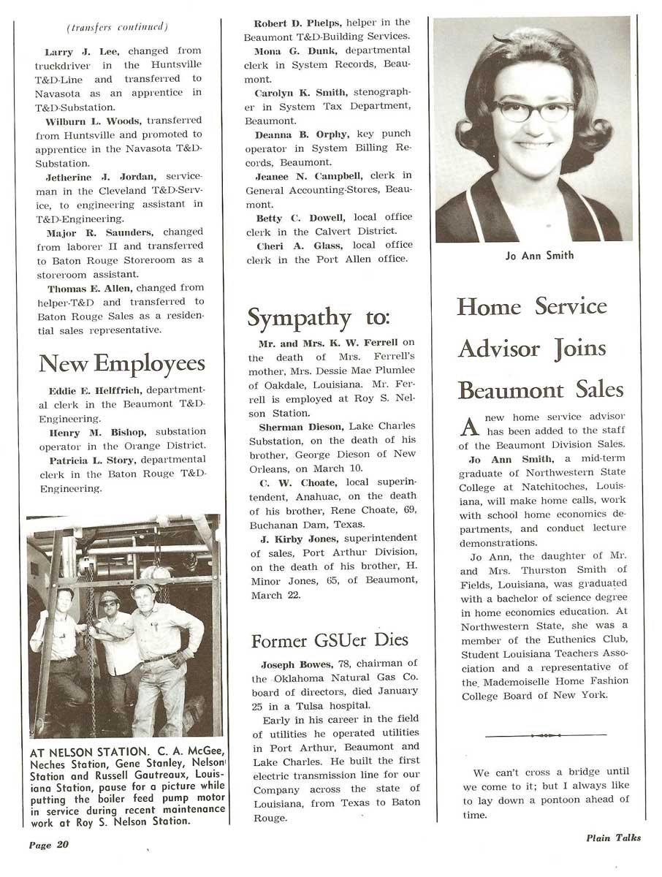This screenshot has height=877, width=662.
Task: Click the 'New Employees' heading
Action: tap(122, 363)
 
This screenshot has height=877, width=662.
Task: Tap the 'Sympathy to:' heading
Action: tap(319, 318)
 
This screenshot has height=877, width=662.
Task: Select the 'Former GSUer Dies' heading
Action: tap(330, 641)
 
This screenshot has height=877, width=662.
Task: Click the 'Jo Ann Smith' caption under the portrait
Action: tap(539, 256)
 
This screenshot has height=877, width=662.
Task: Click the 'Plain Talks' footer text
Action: tap(613, 838)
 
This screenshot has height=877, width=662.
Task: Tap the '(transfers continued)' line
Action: tap(117, 28)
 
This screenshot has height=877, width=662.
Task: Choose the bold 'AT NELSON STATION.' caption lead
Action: tap(88, 752)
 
